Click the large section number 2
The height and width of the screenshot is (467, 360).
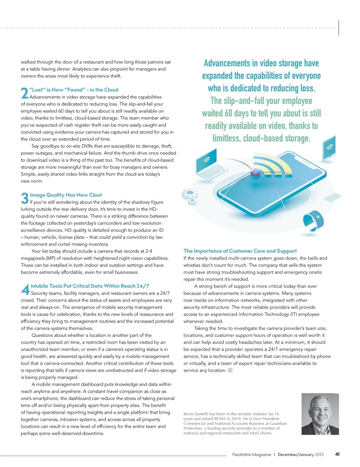pyautogui.click(x=25, y=93)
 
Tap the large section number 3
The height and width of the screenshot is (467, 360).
pyautogui.click(x=25, y=198)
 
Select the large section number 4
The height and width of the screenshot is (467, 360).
pyautogui.click(x=25, y=289)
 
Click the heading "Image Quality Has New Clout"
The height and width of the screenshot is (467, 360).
pyautogui.click(x=66, y=195)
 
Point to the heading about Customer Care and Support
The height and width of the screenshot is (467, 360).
pyautogui.click(x=240, y=251)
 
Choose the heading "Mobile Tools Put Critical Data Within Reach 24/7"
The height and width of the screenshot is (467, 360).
pyautogui.click(x=90, y=286)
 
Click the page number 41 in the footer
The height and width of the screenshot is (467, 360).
pyautogui.click(x=337, y=454)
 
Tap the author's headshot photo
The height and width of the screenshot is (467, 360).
pyautogui.click(x=320, y=414)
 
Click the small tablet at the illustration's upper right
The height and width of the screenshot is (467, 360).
pyautogui.click(x=329, y=148)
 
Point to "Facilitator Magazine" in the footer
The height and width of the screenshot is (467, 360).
pyautogui.click(x=251, y=454)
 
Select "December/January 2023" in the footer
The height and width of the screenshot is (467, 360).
pyautogui.click(x=301, y=454)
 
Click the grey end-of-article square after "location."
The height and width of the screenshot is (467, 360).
pyautogui.click(x=230, y=370)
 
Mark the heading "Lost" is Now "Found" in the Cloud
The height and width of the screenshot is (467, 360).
pyautogui.click(x=74, y=90)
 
